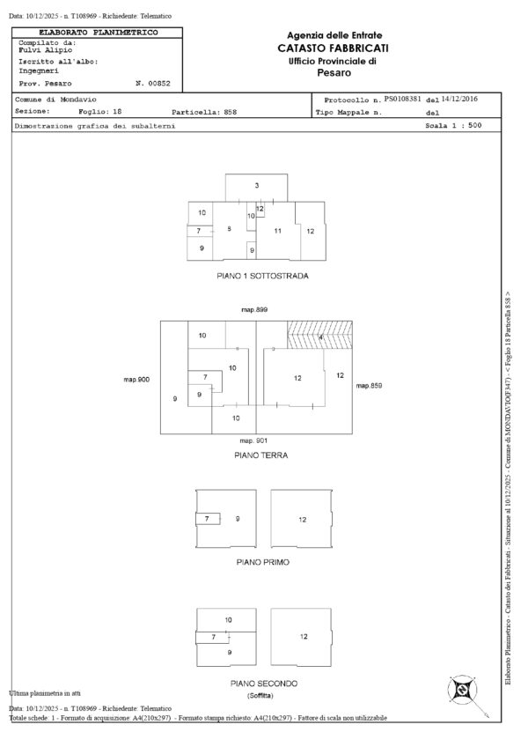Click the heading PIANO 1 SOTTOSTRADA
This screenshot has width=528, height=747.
[x=262, y=276]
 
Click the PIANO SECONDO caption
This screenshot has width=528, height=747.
[x=264, y=684]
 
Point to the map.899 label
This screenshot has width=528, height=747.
[x=255, y=310]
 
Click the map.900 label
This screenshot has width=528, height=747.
[x=136, y=379]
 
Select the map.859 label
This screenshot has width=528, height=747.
[x=368, y=386]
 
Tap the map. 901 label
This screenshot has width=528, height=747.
[x=254, y=440]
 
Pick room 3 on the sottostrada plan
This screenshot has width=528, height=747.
[x=257, y=186]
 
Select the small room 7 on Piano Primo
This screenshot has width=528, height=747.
[x=208, y=519]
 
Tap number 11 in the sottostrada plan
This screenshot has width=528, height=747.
[x=276, y=231]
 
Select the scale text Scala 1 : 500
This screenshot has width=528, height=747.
[x=453, y=126]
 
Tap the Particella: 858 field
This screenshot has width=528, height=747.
[x=204, y=113]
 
